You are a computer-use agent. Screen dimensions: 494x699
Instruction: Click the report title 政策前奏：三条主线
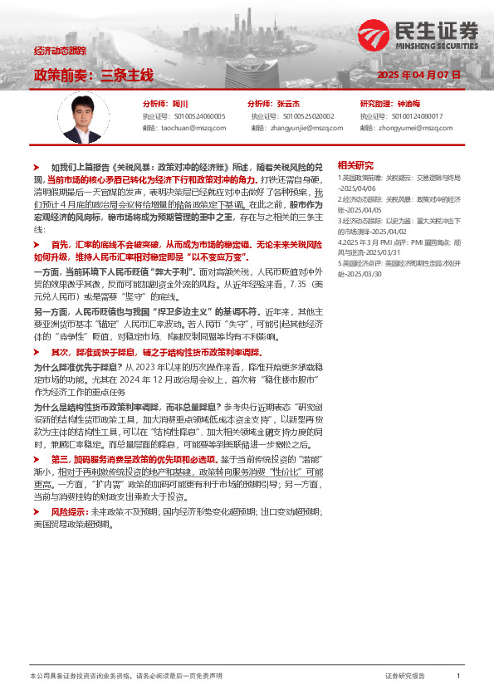(x=94, y=75)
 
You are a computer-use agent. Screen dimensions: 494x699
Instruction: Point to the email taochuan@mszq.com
(x=195, y=129)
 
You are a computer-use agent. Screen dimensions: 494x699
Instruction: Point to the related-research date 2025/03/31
(x=384, y=253)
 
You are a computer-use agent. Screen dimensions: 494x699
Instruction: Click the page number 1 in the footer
(x=458, y=677)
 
